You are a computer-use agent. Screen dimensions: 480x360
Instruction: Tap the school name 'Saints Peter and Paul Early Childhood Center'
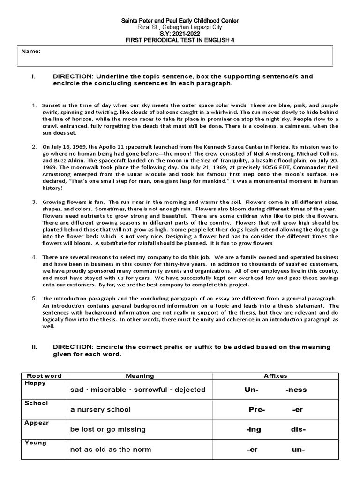(180, 21)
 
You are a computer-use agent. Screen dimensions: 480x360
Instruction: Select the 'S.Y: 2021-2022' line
(180, 34)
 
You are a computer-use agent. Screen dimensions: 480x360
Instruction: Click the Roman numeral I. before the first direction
(33, 76)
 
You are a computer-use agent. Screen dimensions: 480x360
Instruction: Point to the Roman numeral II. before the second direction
(34, 347)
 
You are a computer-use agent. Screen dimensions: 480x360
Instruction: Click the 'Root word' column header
(44, 375)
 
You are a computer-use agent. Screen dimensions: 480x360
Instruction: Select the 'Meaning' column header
(140, 375)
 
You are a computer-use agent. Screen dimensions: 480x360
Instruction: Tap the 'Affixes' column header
(276, 375)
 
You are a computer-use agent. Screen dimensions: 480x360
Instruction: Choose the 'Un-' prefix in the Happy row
(252, 390)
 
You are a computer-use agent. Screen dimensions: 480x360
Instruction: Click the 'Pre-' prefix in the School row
(257, 410)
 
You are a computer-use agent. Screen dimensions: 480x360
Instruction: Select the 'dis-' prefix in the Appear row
(299, 429)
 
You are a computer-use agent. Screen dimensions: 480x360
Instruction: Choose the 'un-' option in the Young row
(298, 450)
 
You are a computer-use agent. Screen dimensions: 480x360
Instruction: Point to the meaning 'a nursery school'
(100, 410)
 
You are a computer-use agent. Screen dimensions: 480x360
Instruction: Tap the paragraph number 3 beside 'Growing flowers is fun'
(34, 202)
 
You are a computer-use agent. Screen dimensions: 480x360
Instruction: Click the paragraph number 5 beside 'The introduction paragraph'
(34, 298)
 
